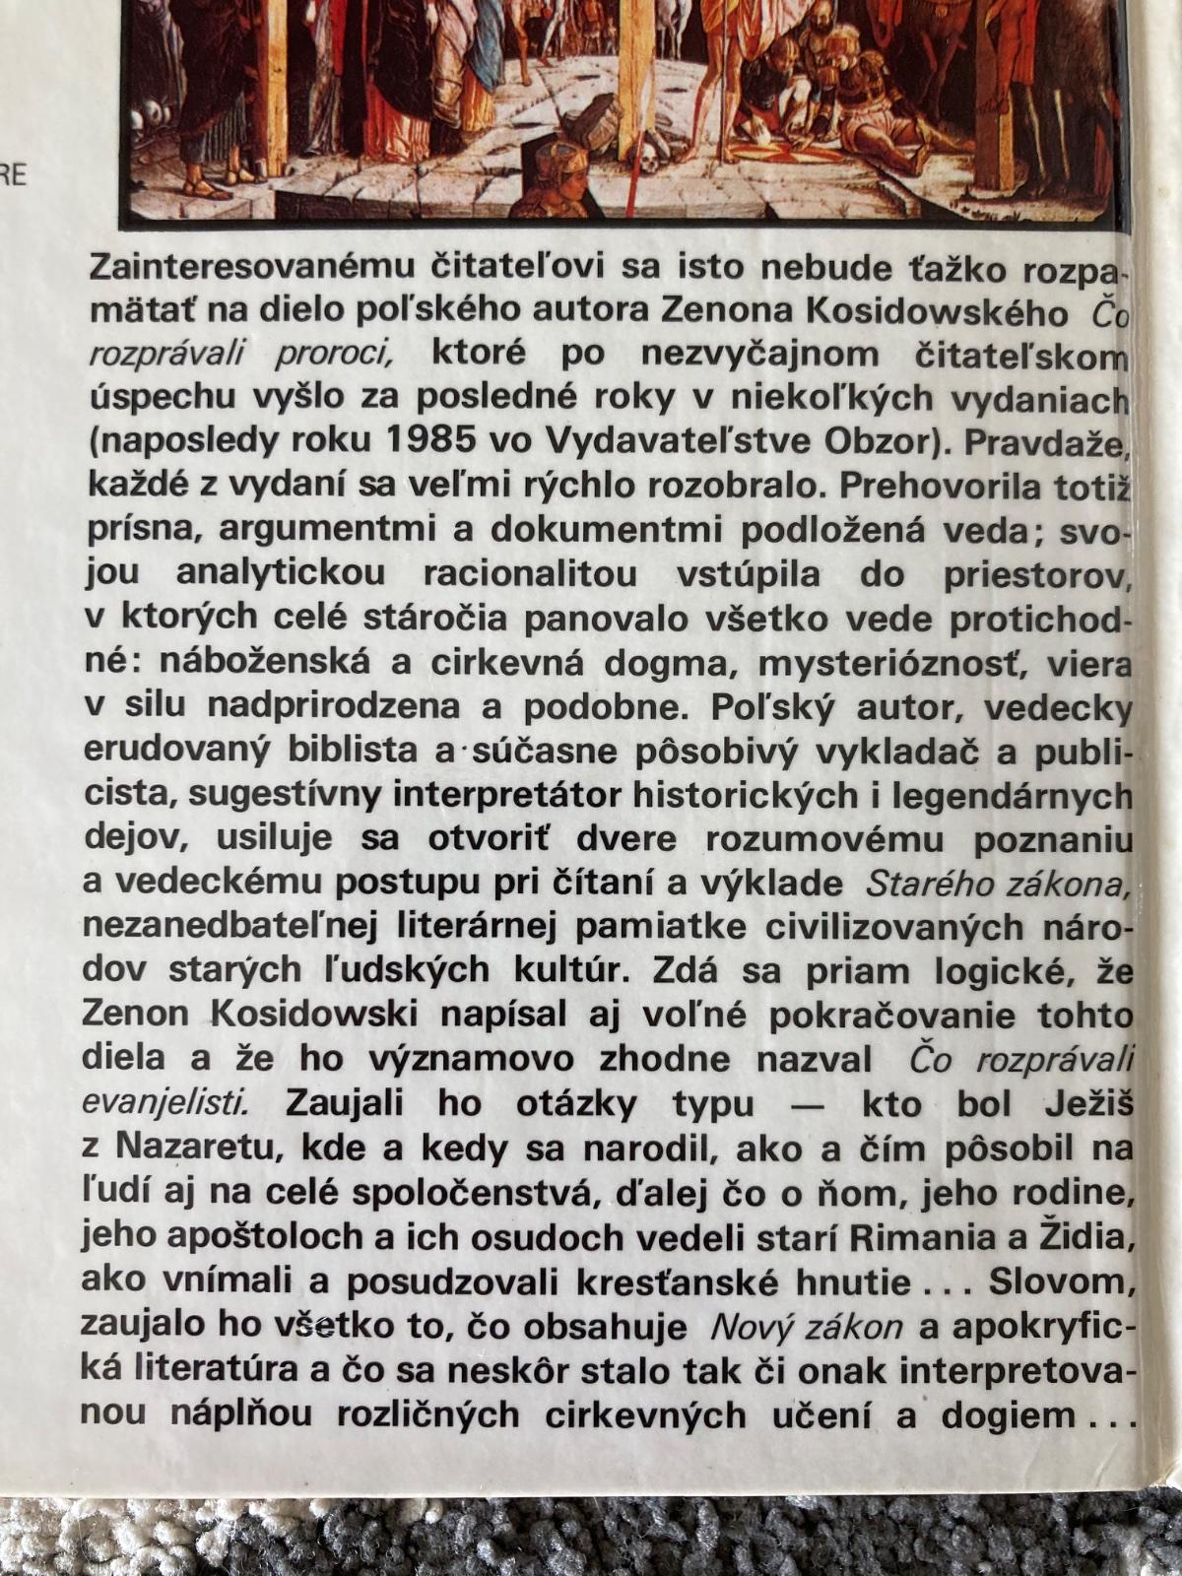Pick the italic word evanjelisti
[166, 1104]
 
